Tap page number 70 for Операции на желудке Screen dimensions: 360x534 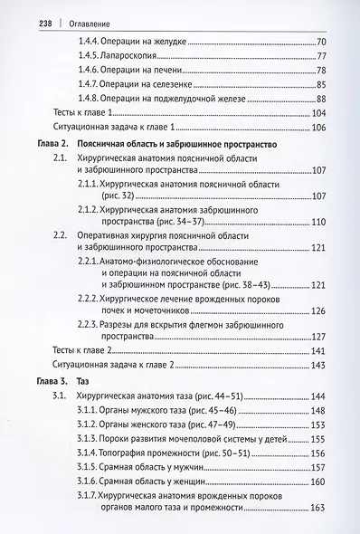pos(322,42)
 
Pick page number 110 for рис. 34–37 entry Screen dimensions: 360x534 pos(319,222)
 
